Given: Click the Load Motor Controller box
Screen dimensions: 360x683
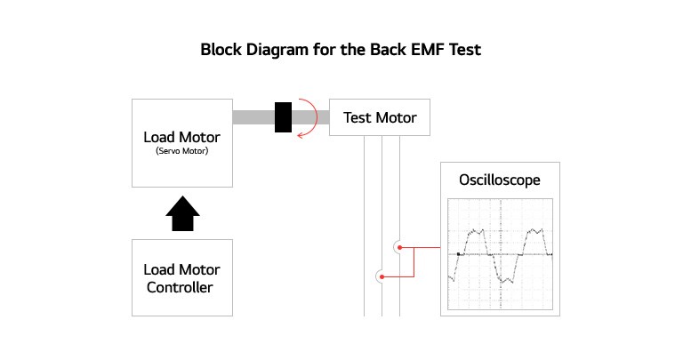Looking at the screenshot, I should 181,277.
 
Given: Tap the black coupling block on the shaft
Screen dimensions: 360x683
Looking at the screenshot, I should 284,117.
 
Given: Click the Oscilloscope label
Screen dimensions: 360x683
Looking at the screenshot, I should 499,180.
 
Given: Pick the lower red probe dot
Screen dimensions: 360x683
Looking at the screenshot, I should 382,276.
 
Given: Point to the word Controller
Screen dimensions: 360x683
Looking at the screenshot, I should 181,287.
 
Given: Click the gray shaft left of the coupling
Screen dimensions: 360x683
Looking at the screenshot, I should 253,117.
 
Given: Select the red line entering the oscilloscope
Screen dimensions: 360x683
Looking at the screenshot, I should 429,248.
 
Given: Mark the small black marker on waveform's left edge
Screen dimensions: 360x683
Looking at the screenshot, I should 458,254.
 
